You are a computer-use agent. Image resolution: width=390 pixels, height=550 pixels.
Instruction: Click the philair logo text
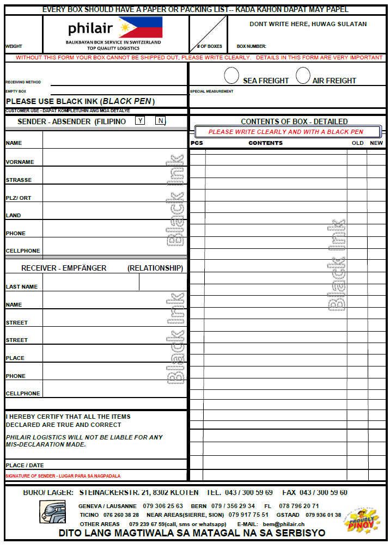click(x=90, y=28)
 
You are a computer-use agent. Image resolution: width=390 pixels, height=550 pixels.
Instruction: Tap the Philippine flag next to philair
click(x=140, y=27)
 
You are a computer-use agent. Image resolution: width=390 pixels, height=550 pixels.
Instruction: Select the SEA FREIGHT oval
click(x=231, y=75)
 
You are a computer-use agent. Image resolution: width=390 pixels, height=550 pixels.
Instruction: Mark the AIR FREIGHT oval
click(x=303, y=75)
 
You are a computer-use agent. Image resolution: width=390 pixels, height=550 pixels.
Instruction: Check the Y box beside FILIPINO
click(x=140, y=120)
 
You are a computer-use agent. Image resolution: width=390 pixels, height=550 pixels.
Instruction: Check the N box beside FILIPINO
click(x=160, y=120)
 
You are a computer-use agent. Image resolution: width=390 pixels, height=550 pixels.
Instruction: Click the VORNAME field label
click(x=20, y=162)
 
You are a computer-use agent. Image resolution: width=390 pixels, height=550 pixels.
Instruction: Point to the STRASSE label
click(x=19, y=180)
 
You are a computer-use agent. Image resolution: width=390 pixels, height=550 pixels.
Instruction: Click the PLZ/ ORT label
click(x=19, y=198)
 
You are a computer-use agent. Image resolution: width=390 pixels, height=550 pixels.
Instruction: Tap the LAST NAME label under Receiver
click(x=22, y=286)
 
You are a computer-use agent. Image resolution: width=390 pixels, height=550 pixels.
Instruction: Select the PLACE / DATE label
click(x=25, y=465)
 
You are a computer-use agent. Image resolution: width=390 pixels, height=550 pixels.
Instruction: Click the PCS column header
click(x=197, y=143)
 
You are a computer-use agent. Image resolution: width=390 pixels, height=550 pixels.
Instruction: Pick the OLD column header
click(x=357, y=143)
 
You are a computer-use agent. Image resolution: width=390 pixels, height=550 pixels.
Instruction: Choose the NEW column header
click(x=376, y=143)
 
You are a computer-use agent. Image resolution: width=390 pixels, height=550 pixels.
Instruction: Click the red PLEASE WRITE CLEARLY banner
click(x=286, y=132)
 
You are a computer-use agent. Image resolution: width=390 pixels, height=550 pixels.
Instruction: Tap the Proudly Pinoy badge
click(x=360, y=518)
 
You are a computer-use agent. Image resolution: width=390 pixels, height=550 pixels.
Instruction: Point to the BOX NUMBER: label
click(x=251, y=46)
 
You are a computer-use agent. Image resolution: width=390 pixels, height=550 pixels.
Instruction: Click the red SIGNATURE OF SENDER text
click(x=63, y=475)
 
